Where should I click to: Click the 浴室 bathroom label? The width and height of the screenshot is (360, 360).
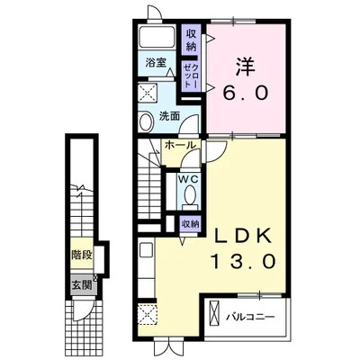[x=156, y=63]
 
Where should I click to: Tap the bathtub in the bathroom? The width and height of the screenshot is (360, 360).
[x=157, y=37]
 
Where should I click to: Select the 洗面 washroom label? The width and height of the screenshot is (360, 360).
[x=169, y=116]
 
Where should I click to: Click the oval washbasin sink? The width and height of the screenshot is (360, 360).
[x=146, y=121]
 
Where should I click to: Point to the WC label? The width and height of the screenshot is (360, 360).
[x=188, y=179]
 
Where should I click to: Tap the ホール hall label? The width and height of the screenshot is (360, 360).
[x=180, y=145]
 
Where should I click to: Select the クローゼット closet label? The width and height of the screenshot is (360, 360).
[x=191, y=75]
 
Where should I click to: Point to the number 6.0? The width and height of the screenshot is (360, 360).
[x=245, y=93]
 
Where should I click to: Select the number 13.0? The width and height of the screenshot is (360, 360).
[x=244, y=260]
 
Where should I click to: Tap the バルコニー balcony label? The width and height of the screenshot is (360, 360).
[x=250, y=317]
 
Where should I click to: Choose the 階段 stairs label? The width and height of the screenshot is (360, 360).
[x=81, y=256]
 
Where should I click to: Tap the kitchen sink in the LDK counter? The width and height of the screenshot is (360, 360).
[x=147, y=249]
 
